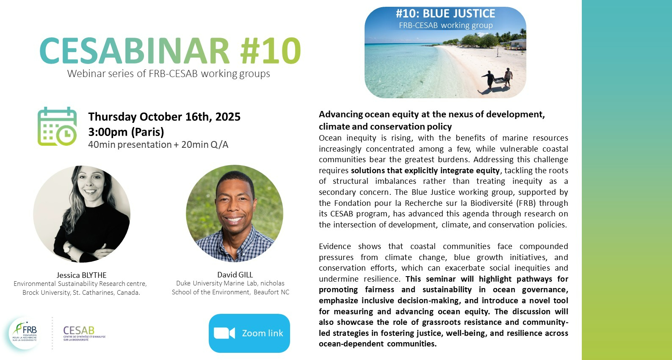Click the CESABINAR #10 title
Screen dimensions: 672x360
coord(170,50)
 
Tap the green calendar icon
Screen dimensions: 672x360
coord(57,126)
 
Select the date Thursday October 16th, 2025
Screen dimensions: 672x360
coord(164,117)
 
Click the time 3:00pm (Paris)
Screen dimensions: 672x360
coord(126,132)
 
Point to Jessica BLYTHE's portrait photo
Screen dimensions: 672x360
coord(82,214)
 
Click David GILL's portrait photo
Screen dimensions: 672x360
coord(235,213)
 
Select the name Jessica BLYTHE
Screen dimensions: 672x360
coord(82,275)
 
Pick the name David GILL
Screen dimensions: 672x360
coord(235,274)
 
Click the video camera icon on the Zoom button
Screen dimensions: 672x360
coord(224,333)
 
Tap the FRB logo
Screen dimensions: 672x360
coord(25,333)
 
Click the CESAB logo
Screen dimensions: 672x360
coord(84,333)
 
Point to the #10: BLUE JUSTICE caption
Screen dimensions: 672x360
coord(445,14)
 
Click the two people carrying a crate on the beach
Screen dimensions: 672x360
coord(497,79)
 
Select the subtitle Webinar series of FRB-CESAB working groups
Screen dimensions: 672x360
coord(169,74)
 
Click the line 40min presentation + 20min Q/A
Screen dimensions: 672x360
coord(158,144)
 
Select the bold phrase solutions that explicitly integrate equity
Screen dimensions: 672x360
coord(426,170)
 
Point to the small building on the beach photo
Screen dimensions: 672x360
coord(518,44)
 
